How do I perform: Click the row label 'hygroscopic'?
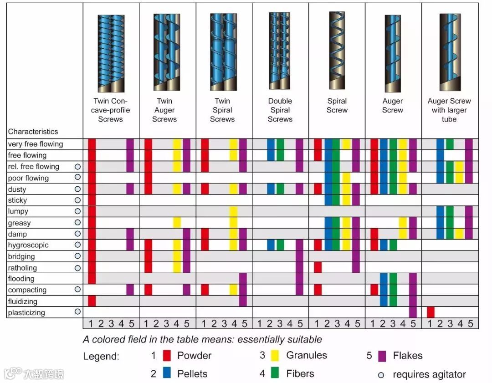28,245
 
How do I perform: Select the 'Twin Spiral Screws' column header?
222,110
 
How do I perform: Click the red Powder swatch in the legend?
167,356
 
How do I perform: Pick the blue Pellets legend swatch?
167,374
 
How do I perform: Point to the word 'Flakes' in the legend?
407,356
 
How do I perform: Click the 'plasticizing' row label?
26,312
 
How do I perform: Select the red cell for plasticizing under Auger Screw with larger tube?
430,312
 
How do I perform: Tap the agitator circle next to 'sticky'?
77,200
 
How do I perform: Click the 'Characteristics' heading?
33,132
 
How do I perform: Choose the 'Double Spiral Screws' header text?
280,110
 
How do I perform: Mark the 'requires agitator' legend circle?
381,375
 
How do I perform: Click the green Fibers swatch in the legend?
275,374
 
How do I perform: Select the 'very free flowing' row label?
35,144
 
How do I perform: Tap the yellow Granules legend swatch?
275,356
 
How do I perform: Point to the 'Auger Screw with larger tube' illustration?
449,52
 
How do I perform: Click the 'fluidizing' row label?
22,301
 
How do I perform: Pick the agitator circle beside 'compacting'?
77,289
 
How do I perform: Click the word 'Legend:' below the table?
101,356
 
